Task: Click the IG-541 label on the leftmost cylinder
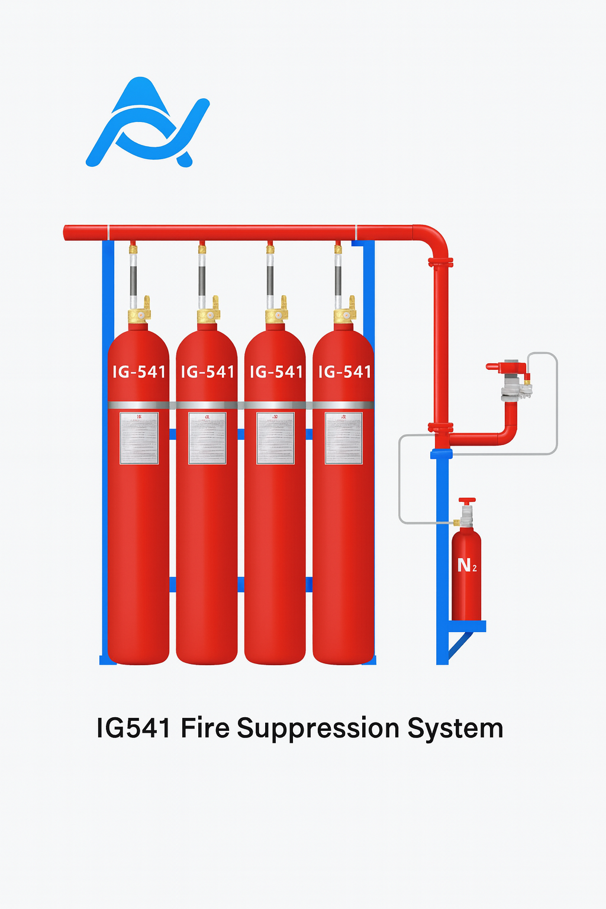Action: [x=139, y=372]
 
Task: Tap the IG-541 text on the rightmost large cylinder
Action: [x=344, y=372]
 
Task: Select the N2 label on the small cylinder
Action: [x=466, y=566]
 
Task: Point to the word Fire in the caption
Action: [x=205, y=728]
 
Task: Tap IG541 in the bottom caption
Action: [x=134, y=728]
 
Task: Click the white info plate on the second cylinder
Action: [x=207, y=438]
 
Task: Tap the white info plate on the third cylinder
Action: [x=275, y=438]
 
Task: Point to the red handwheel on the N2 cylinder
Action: [x=467, y=501]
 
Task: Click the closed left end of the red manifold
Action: [x=66, y=233]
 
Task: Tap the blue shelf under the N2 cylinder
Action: [x=468, y=626]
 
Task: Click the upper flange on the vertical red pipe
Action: [x=440, y=262]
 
